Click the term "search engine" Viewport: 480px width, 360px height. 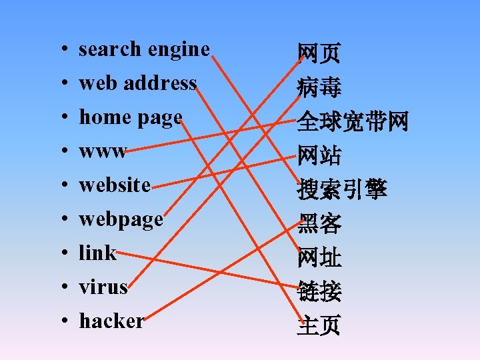(144, 49)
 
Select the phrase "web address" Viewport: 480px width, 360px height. (137, 83)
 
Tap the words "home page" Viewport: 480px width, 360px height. (131, 117)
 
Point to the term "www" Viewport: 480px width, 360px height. (103, 152)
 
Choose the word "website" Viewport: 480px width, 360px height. (115, 185)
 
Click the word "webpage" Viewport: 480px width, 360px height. (121, 219)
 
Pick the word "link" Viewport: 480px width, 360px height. (97, 253)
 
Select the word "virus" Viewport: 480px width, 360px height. (103, 287)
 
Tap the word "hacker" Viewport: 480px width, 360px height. (111, 321)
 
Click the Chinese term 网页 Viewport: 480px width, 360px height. (319, 52)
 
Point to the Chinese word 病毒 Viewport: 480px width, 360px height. (319, 87)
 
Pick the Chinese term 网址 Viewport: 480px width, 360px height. (319, 257)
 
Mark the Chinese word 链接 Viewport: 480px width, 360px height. (319, 291)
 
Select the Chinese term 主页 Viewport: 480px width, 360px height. (319, 325)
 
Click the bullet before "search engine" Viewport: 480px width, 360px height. (61, 50)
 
